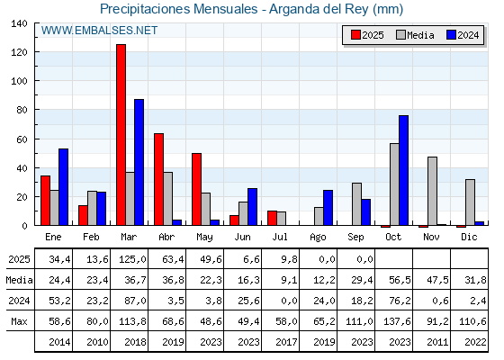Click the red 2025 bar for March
(x=121, y=135)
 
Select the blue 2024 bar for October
(x=404, y=170)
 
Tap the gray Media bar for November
(x=432, y=191)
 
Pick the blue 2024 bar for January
(x=63, y=187)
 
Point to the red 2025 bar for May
(x=197, y=189)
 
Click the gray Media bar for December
(x=470, y=202)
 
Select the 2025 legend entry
(x=367, y=35)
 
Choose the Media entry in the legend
(x=415, y=35)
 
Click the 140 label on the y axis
(x=19, y=23)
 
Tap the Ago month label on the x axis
(x=318, y=238)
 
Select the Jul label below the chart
(x=280, y=237)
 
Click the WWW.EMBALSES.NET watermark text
(x=99, y=31)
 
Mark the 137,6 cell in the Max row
(x=397, y=321)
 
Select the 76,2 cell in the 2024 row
(x=400, y=301)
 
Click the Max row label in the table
(x=19, y=321)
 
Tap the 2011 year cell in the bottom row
(x=437, y=342)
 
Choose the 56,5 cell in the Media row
(x=400, y=280)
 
